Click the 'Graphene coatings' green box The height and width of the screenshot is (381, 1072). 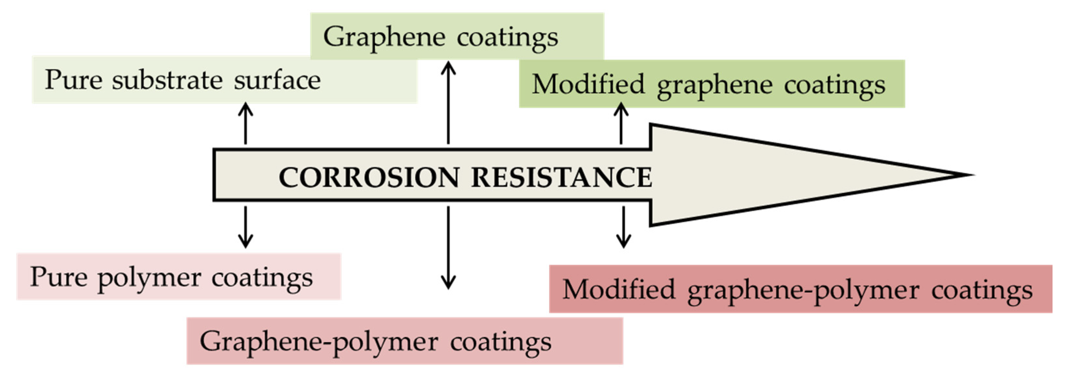tap(457, 37)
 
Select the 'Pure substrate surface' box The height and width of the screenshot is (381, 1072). tap(225, 80)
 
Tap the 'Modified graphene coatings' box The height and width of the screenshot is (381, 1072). tap(712, 84)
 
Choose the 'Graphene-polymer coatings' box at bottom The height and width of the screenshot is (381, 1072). tap(405, 341)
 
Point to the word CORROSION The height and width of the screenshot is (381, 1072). tap(368, 178)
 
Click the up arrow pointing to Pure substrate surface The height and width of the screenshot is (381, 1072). tap(246, 123)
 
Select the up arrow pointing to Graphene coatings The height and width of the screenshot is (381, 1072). tap(448, 103)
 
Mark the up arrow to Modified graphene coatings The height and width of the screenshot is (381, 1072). tap(621, 123)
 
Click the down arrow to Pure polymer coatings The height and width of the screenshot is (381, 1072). tap(246, 227)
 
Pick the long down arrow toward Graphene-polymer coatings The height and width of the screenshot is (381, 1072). tap(448, 247)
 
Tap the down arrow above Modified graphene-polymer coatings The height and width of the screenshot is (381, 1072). tap(623, 227)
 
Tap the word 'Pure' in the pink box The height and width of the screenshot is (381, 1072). tap(58, 277)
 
